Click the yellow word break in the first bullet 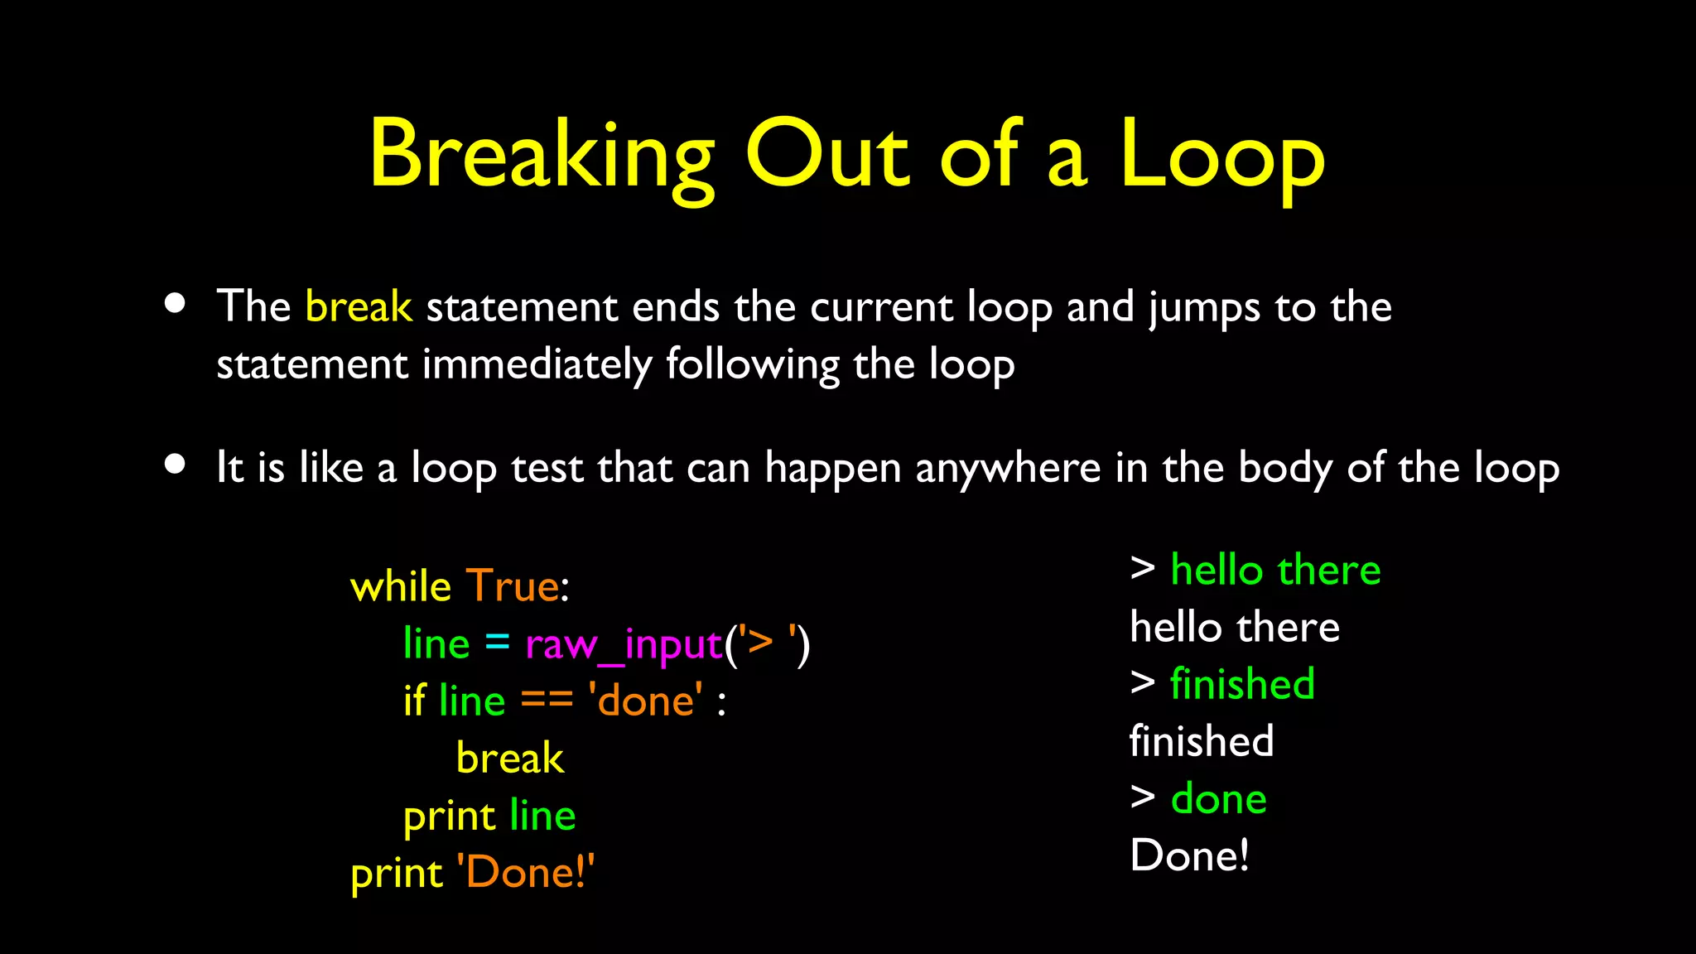click(x=358, y=307)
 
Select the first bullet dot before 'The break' click(x=175, y=303)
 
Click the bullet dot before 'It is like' click(x=175, y=464)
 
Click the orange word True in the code click(x=513, y=586)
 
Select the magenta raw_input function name click(x=624, y=644)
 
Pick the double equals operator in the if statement click(x=547, y=701)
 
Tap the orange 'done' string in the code click(x=645, y=701)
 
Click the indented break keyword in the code click(x=509, y=758)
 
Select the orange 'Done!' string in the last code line click(x=525, y=872)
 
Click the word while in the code click(x=400, y=586)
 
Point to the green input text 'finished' click(x=1242, y=684)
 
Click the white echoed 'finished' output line click(x=1201, y=741)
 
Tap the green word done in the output click(x=1218, y=799)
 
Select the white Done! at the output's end click(x=1189, y=855)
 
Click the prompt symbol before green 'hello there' click(x=1143, y=568)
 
